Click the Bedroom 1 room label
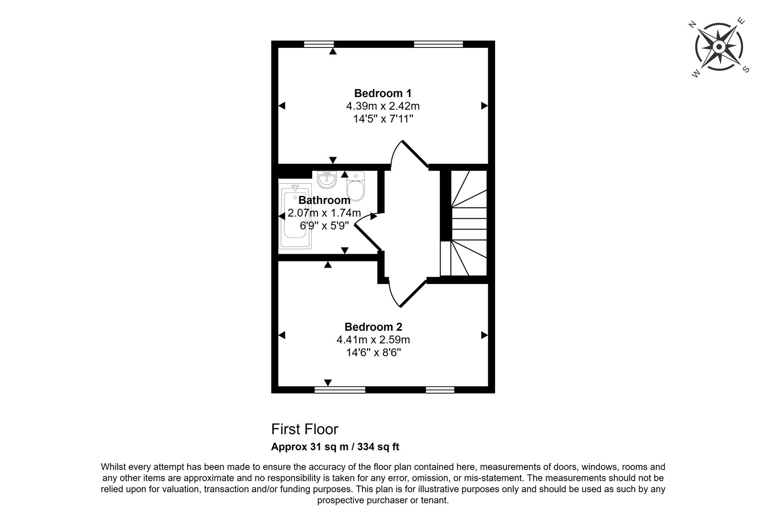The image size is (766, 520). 383,93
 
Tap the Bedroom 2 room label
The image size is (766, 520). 373,327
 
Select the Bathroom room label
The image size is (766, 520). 324,200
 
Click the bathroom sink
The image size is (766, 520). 327,180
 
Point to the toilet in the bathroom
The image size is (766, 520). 356,186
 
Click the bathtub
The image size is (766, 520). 295,216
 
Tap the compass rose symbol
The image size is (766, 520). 719,47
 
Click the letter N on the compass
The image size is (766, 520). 692,24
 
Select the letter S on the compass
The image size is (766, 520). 746,69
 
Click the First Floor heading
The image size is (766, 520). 304,429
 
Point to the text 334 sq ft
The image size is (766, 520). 378,447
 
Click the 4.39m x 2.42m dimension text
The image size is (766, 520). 383,106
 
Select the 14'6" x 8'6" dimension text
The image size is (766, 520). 373,352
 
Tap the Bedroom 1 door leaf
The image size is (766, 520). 415,154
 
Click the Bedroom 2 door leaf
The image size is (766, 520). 413,294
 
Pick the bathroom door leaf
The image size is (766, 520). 368,238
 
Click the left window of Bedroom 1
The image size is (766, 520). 319,44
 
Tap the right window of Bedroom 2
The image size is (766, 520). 440,390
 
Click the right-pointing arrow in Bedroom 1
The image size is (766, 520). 484,106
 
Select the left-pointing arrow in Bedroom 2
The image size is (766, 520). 282,335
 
